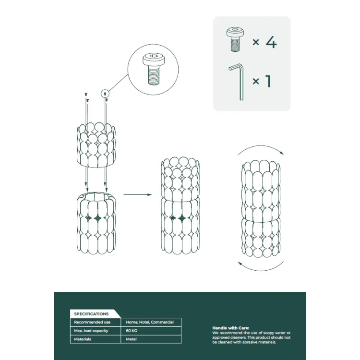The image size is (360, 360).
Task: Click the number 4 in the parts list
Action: [x=271, y=42]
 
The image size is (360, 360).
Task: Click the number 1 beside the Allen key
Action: [x=268, y=81]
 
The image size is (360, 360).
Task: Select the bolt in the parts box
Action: [x=235, y=39]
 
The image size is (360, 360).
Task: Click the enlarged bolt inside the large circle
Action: [x=154, y=69]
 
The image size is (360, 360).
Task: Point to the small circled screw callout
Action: [x=105, y=94]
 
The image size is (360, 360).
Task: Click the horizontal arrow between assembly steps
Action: [x=138, y=195]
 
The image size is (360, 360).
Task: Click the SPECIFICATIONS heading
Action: [x=91, y=314]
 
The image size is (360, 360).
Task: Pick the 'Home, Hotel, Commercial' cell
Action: [x=150, y=322]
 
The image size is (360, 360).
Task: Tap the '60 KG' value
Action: [x=132, y=331]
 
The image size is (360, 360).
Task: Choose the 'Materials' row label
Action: [x=83, y=339]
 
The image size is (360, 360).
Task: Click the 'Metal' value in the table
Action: [x=131, y=339]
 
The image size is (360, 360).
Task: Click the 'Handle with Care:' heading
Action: [x=231, y=328]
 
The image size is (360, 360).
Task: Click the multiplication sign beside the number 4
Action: [x=256, y=42]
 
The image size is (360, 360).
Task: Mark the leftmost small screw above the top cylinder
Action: [x=86, y=94]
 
